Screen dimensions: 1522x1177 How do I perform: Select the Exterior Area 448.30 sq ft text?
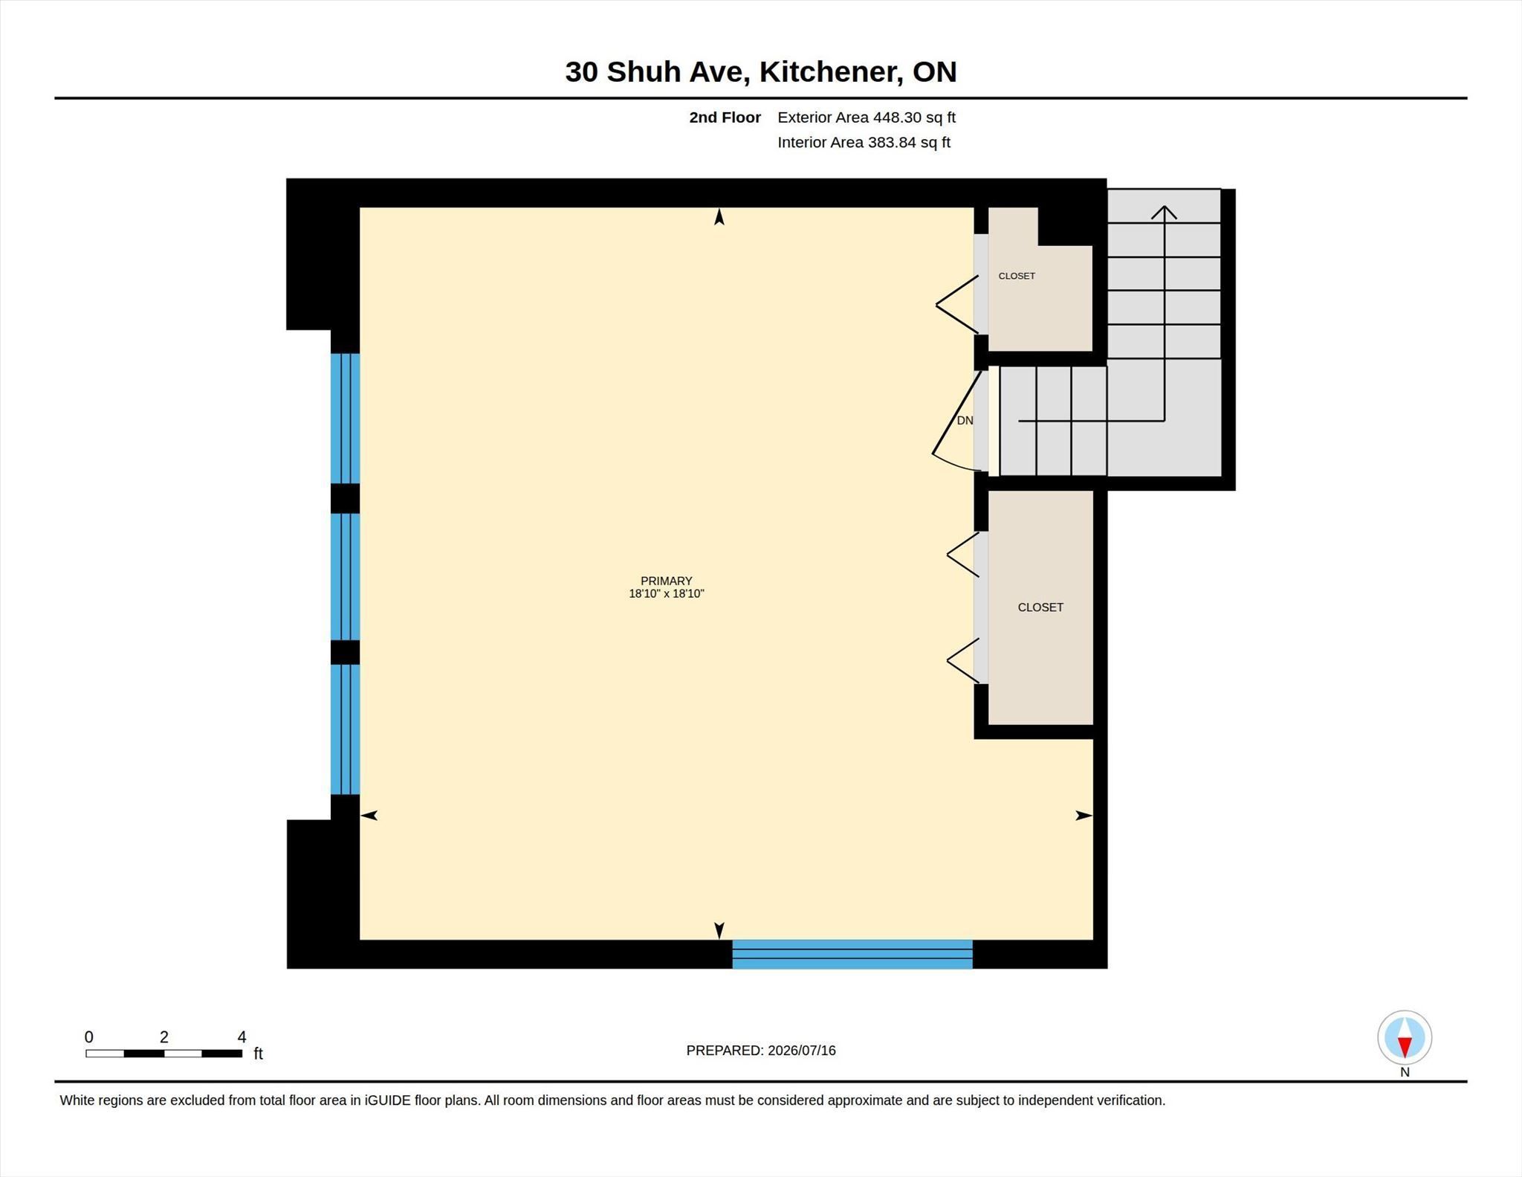[x=867, y=117]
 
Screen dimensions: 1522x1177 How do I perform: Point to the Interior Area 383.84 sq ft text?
[x=864, y=142]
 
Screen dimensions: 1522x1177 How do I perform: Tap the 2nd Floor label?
[x=725, y=117]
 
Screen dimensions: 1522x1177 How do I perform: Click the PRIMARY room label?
[x=667, y=581]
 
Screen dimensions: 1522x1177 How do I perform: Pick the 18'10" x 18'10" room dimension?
[x=667, y=593]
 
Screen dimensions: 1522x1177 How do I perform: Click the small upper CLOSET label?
[x=1017, y=276]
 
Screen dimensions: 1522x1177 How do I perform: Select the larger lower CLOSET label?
[x=1040, y=607]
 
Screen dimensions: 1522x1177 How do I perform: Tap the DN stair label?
[x=965, y=421]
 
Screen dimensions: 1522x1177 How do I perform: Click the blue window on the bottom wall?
[x=852, y=954]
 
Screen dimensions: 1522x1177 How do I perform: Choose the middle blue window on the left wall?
[x=345, y=576]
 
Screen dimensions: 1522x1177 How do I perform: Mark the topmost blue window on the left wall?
[x=345, y=418]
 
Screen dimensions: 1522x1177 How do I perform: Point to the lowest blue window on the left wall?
[x=345, y=729]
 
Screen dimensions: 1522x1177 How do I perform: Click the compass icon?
[x=1405, y=1037]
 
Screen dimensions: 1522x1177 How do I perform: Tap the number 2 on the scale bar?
[x=164, y=1037]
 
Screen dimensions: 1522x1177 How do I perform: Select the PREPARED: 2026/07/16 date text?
[x=761, y=1051]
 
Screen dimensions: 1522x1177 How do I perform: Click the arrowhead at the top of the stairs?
[x=1165, y=212]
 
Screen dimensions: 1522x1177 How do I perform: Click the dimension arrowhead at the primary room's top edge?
[x=719, y=216]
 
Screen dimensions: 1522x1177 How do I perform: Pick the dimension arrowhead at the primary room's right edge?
[x=1084, y=816]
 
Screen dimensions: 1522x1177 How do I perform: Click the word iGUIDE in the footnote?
[x=387, y=1100]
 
